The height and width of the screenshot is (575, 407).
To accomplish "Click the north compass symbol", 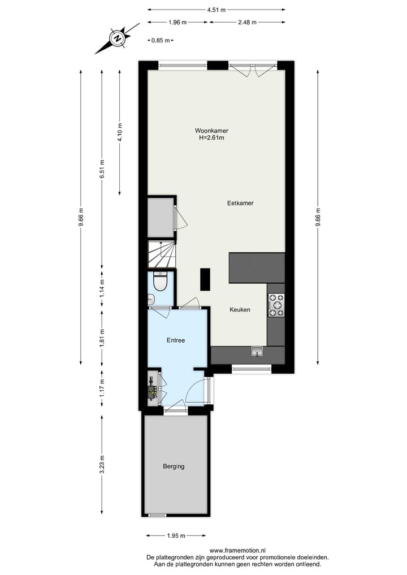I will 117,38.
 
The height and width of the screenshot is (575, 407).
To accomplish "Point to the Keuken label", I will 240,310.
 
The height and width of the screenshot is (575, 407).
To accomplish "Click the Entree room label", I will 176,340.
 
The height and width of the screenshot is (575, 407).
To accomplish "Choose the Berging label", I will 174,466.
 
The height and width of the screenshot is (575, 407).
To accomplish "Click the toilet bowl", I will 160,282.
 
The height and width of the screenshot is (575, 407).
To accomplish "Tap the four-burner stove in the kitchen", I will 276,305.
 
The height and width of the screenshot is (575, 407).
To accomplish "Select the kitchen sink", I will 257,353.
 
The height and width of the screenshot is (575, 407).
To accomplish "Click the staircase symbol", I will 162,254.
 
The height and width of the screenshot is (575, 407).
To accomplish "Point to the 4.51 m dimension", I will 216,10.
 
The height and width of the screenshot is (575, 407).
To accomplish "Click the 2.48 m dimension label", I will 247,22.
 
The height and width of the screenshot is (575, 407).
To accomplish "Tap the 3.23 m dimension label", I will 102,465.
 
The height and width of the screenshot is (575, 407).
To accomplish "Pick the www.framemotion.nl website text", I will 237,550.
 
